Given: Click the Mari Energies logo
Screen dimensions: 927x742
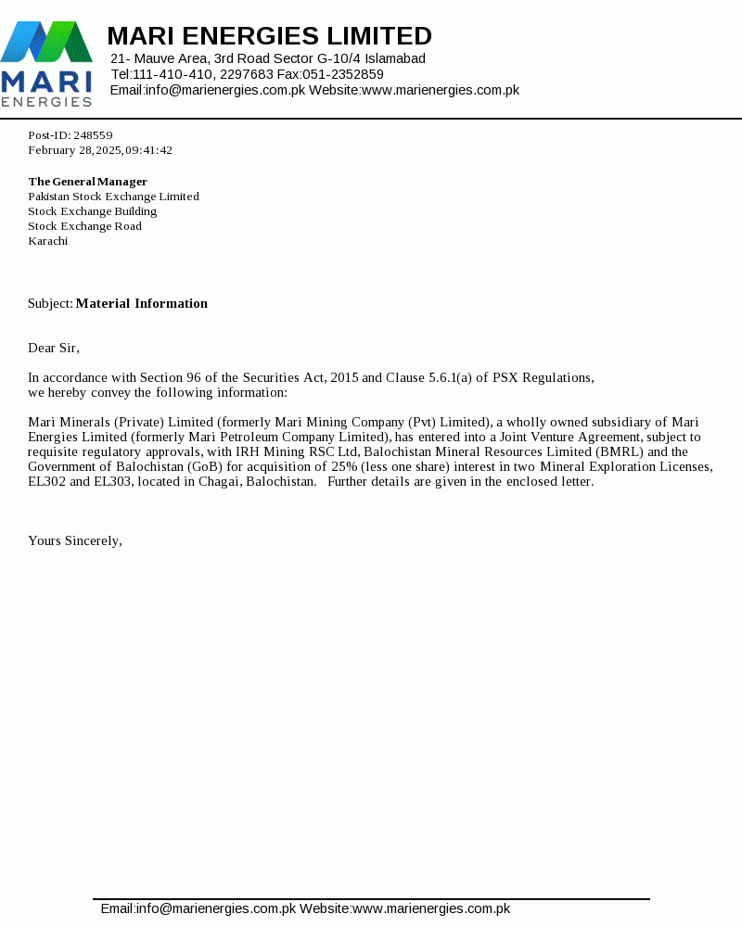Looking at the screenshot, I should tap(46, 63).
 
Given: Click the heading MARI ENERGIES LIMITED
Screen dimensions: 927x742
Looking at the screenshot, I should tap(269, 36).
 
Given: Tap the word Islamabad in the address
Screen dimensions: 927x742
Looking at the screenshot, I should tap(395, 58).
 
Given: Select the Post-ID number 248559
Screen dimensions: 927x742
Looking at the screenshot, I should tap(93, 135).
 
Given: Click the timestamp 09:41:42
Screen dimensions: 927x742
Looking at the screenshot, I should tap(148, 150).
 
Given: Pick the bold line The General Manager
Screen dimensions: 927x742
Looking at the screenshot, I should tap(87, 182).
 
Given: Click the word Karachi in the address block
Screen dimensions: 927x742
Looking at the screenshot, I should tap(47, 241).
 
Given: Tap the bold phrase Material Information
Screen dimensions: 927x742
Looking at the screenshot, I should tap(142, 304).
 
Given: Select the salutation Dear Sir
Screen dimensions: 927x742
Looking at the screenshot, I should tap(53, 349).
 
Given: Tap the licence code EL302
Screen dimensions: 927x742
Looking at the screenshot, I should tap(47, 482).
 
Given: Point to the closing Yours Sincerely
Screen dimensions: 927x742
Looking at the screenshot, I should tap(74, 541).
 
